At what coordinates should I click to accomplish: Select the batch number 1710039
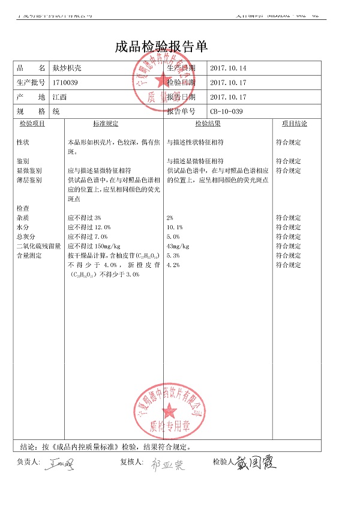[x=65, y=82]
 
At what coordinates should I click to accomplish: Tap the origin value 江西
[x=59, y=97]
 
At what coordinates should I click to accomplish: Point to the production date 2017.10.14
[x=228, y=68]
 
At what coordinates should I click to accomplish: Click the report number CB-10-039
[x=227, y=111]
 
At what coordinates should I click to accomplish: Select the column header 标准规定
[x=106, y=124]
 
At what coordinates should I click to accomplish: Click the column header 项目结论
[x=294, y=124]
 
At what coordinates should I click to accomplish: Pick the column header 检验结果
[x=208, y=124]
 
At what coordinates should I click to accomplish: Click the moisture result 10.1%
[x=175, y=227]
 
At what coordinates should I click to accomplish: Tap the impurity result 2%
[x=170, y=218]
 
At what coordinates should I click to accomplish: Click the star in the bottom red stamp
[x=169, y=411]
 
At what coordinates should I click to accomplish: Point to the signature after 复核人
[x=167, y=464]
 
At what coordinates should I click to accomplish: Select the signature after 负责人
[x=61, y=463]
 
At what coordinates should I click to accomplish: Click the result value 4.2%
[x=173, y=265]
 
